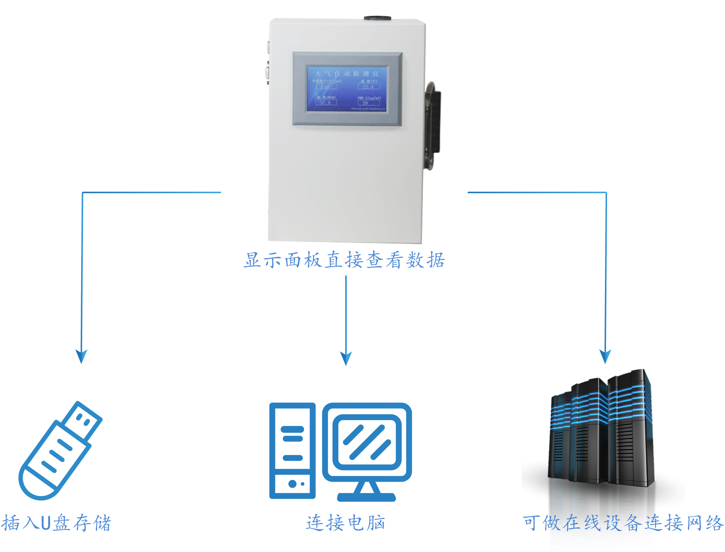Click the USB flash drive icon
pyautogui.click(x=59, y=451)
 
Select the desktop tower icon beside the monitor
pyautogui.click(x=292, y=451)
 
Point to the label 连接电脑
pyautogui.click(x=346, y=523)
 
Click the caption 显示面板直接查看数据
pyautogui.click(x=344, y=261)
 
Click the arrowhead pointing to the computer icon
pyautogui.click(x=346, y=358)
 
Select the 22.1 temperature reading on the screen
pyautogui.click(x=369, y=87)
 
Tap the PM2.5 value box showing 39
pyautogui.click(x=368, y=103)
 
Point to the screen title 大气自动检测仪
pyautogui.click(x=347, y=74)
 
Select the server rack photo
pyautogui.click(x=601, y=434)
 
